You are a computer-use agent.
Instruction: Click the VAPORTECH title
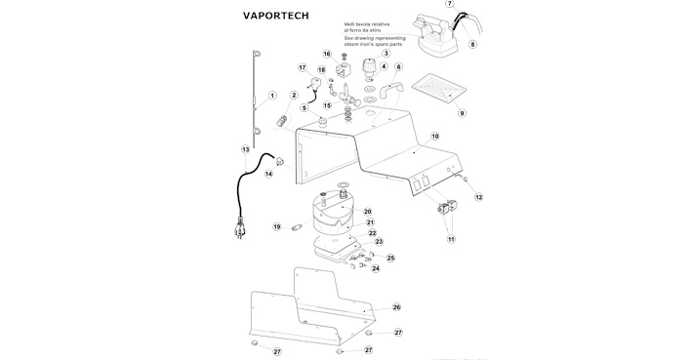coord(276,16)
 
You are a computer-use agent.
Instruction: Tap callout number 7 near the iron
coord(450,4)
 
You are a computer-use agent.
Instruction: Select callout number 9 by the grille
coord(462,113)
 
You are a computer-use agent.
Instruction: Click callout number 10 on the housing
coord(435,136)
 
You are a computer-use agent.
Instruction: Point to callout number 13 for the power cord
coord(245,149)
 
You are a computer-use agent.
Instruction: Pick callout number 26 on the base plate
coord(396,307)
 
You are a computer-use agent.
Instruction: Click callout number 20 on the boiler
coord(368,212)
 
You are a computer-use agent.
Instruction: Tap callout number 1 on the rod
coord(272,96)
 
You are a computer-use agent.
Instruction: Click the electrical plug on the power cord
coord(240,227)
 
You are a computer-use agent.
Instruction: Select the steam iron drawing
coord(434,35)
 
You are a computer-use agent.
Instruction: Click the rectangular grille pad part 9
coord(439,89)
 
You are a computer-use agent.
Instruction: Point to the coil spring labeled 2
coord(281,120)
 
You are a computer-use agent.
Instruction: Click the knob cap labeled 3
coord(369,67)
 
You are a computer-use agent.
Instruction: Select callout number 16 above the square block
coord(327,55)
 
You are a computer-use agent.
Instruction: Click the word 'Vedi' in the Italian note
coord(348,24)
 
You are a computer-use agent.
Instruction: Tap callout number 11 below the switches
coord(451,239)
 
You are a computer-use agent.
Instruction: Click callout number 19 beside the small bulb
coord(276,227)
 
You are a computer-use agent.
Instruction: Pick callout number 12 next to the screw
coord(478,197)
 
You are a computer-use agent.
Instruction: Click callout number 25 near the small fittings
coord(390,258)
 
